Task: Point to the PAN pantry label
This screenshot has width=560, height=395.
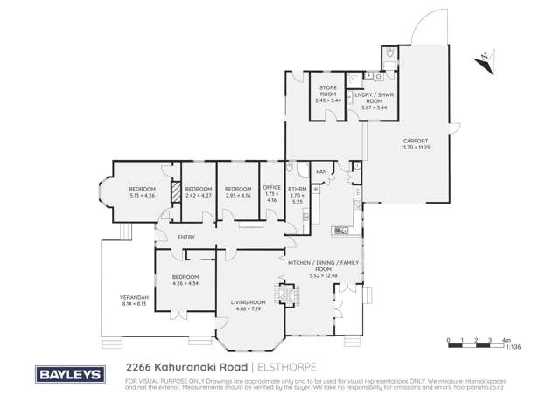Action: (320, 171)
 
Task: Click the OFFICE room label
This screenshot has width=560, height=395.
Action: (271, 190)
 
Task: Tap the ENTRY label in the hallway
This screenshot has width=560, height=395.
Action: (185, 237)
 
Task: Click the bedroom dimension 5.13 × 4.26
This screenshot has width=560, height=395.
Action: (142, 195)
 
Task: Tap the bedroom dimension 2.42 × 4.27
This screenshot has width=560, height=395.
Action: (199, 195)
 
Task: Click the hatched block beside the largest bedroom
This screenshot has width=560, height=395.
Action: (175, 192)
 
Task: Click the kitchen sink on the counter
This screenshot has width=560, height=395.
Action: (341, 232)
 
